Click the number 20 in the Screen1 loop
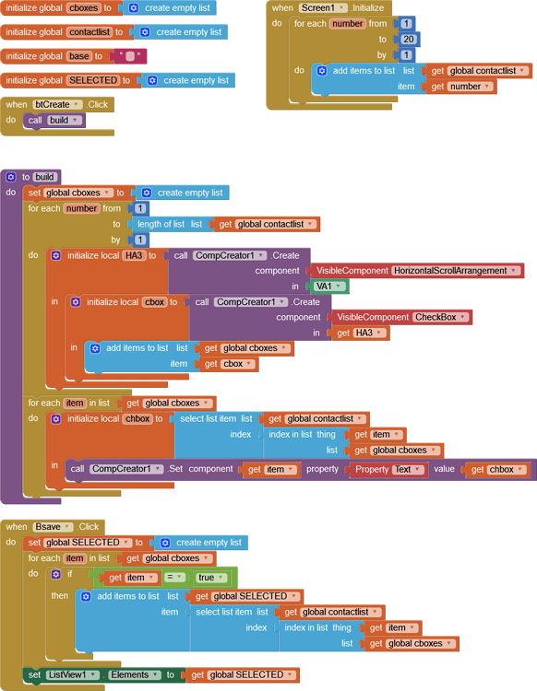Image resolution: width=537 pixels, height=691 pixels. [x=408, y=40]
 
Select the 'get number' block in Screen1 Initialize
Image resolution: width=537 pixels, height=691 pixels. [x=458, y=87]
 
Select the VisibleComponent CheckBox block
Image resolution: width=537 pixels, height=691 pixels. [x=401, y=317]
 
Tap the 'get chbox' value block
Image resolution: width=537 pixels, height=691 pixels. [x=498, y=469]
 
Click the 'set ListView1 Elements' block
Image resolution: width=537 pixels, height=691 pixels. [x=92, y=674]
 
